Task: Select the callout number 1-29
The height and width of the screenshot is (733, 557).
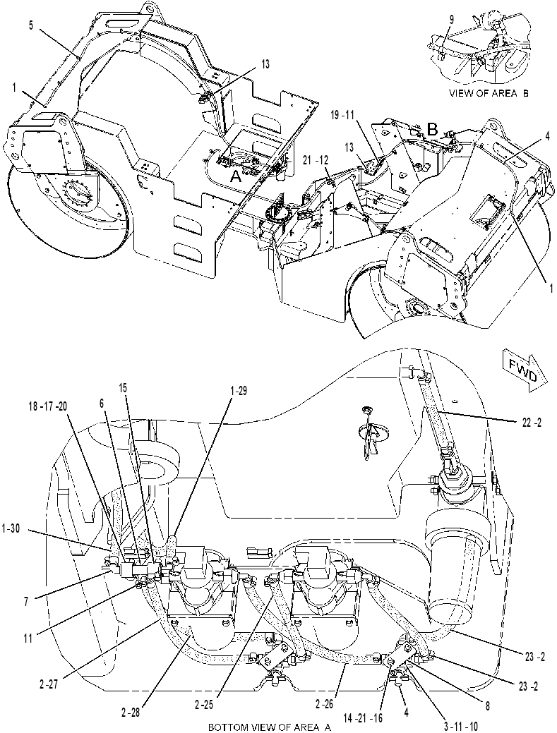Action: coord(238,392)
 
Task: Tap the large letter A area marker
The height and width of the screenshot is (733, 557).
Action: coord(237,176)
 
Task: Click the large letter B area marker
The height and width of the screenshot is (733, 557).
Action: coord(433,128)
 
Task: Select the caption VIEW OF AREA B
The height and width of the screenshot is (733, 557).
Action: coord(489,93)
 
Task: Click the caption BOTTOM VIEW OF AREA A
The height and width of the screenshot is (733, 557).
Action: coord(270,728)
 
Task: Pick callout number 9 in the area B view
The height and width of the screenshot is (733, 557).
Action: coord(451,19)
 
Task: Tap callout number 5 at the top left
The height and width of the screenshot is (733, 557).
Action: coord(31,25)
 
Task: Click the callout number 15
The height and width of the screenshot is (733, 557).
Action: coord(123,388)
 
